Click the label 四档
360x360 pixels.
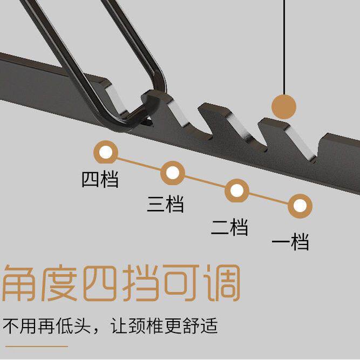coord(100,179)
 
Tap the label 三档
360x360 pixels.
coord(166,205)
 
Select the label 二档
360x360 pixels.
coord(229,227)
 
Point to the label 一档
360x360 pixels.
coord(290,242)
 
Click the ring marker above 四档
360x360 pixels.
coord(106,152)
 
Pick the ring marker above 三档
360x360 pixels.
coord(173,173)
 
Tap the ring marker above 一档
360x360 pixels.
coord(300,206)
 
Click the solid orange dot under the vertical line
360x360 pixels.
coord(284,106)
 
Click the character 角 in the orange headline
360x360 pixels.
coord(21,282)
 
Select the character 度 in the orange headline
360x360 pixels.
coord(60,282)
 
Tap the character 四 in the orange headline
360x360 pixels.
coord(100,282)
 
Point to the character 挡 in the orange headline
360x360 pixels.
coord(140,282)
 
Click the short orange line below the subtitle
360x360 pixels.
coord(36,346)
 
